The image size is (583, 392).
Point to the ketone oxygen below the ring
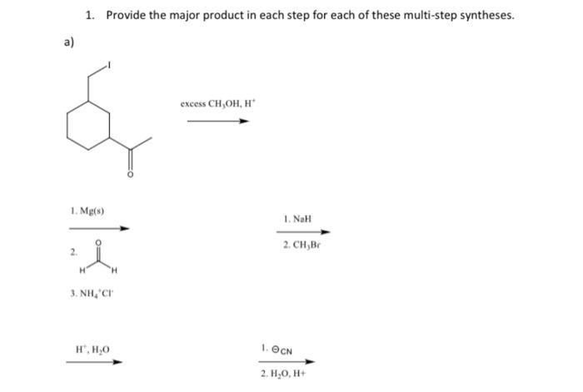[129, 175]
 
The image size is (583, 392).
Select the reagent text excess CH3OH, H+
[216, 104]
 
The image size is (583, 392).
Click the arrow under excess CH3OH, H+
[217, 121]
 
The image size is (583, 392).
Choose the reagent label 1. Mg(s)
[87, 212]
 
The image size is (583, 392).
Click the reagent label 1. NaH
[296, 219]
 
